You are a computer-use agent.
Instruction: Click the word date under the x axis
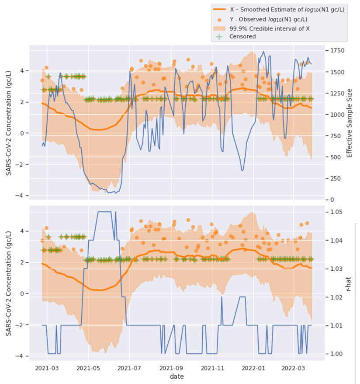[177, 376]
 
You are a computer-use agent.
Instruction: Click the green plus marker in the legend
[220, 37]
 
